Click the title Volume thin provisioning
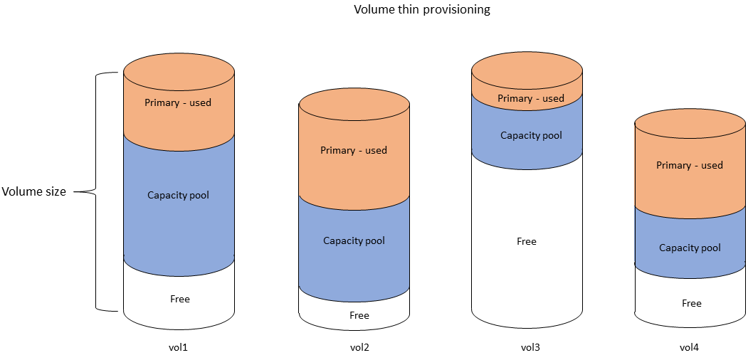pos(422,10)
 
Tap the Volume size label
pos(33,191)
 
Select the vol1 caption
pos(179,348)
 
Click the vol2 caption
pos(359,348)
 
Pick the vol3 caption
pos(530,348)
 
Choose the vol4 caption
pos(689,348)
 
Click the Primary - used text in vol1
pos(178,102)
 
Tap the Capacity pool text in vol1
pos(178,195)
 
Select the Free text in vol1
pos(180,299)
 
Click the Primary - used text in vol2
pos(354,150)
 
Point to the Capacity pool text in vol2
pos(354,240)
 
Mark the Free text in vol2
pos(359,315)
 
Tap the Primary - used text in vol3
pos(530,98)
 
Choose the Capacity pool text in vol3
pos(531,135)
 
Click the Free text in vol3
pos(527,241)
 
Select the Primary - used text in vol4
pos(690,165)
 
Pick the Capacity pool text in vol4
pos(690,248)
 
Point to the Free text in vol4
pos(692,303)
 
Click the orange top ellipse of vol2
pos(354,107)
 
